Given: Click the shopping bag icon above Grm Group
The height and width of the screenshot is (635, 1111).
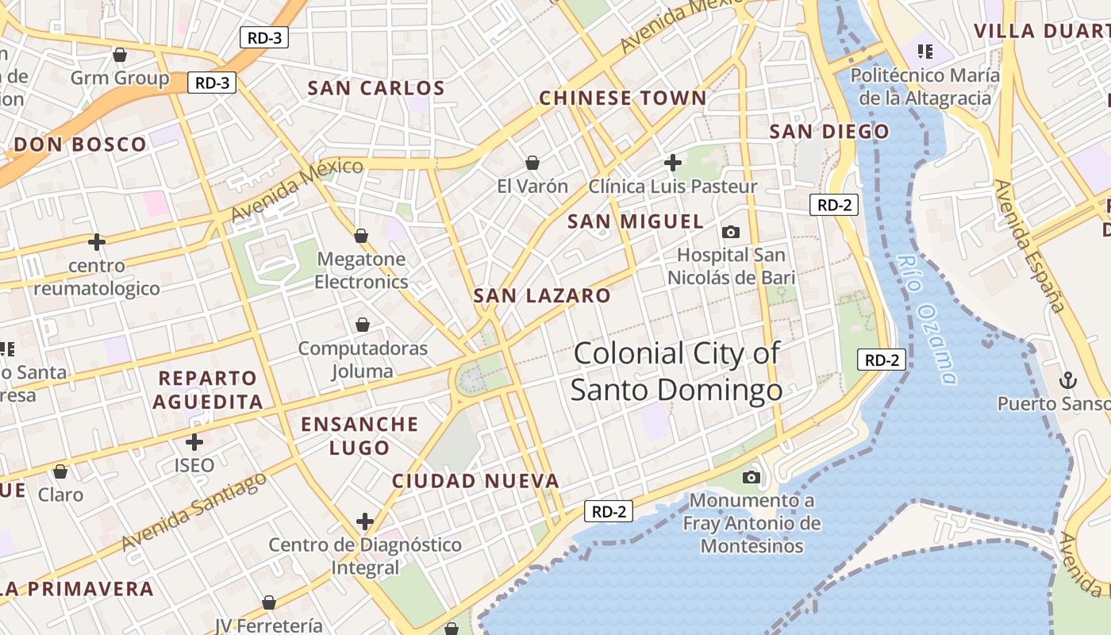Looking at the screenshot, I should (120, 55).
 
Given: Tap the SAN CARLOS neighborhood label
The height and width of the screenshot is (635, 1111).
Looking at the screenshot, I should (376, 88).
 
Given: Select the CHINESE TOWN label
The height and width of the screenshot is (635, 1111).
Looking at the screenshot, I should (622, 98).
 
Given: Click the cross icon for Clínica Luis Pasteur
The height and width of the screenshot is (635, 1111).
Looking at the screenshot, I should (673, 163).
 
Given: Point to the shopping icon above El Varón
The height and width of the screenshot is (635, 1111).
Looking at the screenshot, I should (532, 163).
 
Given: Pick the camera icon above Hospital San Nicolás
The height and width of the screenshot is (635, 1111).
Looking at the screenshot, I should (731, 232).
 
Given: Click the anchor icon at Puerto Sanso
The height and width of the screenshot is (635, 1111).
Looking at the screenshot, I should (1067, 380).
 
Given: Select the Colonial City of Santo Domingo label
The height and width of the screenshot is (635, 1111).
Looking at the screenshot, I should (676, 371).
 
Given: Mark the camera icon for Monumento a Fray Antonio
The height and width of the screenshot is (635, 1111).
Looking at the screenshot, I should (751, 477).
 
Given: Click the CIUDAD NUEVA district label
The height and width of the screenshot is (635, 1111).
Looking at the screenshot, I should (475, 481).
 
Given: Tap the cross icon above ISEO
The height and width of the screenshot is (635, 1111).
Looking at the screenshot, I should (194, 441).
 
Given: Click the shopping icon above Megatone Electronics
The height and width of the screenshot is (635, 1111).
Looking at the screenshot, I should (361, 236).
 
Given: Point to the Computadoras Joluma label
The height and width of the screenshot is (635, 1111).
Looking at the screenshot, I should (363, 360).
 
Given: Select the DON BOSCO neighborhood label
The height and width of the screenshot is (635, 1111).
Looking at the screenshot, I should (80, 144).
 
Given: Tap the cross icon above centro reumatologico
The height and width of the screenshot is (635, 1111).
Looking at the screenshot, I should (97, 241).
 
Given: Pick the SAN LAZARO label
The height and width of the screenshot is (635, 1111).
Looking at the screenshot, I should (542, 296).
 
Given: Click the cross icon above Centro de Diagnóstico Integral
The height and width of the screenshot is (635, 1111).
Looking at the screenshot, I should (365, 521).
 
